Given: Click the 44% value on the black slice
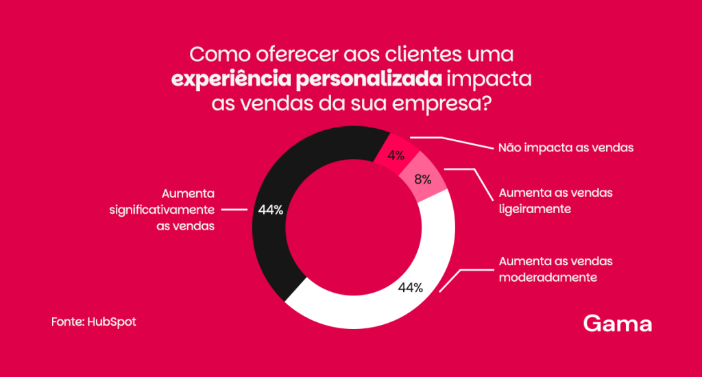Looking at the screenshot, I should (x=271, y=210).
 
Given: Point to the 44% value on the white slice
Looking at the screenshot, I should (x=410, y=287).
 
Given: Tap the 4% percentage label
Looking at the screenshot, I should (x=396, y=156).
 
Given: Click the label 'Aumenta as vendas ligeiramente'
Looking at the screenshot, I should (x=556, y=201).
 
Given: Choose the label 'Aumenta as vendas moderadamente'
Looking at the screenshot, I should (x=556, y=269).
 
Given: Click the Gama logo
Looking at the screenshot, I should (x=618, y=323).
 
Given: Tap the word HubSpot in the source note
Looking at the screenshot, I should (x=112, y=321).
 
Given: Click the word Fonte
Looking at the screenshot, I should (x=67, y=321).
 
